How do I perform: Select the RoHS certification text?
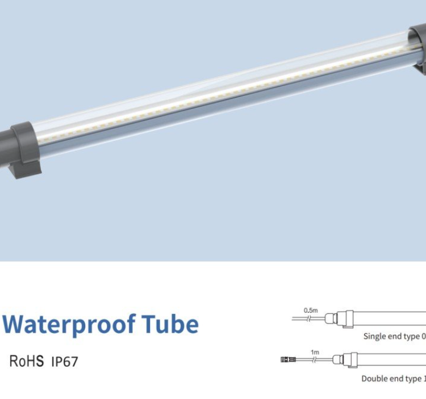tap(27, 361)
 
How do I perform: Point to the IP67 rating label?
tap(64, 362)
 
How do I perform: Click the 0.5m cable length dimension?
tap(311, 310)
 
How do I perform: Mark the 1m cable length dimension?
tap(315, 352)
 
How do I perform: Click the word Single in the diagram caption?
tap(375, 337)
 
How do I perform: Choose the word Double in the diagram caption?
tap(375, 379)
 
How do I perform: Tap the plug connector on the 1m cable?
tap(287, 359)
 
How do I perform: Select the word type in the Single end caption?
tap(412, 337)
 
